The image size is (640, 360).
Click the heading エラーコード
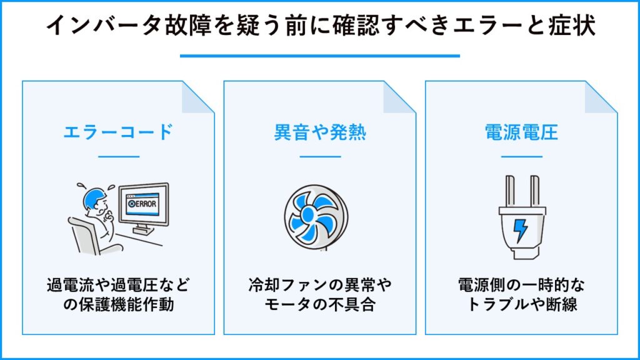118,132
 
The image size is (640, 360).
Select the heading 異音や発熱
320,132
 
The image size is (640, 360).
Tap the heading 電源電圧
521,132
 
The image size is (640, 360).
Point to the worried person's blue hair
93,197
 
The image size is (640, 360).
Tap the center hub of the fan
308,215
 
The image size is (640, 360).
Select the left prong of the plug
510,191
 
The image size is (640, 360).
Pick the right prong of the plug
535,191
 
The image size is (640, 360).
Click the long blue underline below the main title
320,56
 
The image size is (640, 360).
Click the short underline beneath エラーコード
119,156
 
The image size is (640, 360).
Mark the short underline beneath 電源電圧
522,156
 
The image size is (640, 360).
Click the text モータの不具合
320,304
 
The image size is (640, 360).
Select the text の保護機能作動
118,304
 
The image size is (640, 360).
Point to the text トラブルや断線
521,304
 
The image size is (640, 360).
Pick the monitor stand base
143,231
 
